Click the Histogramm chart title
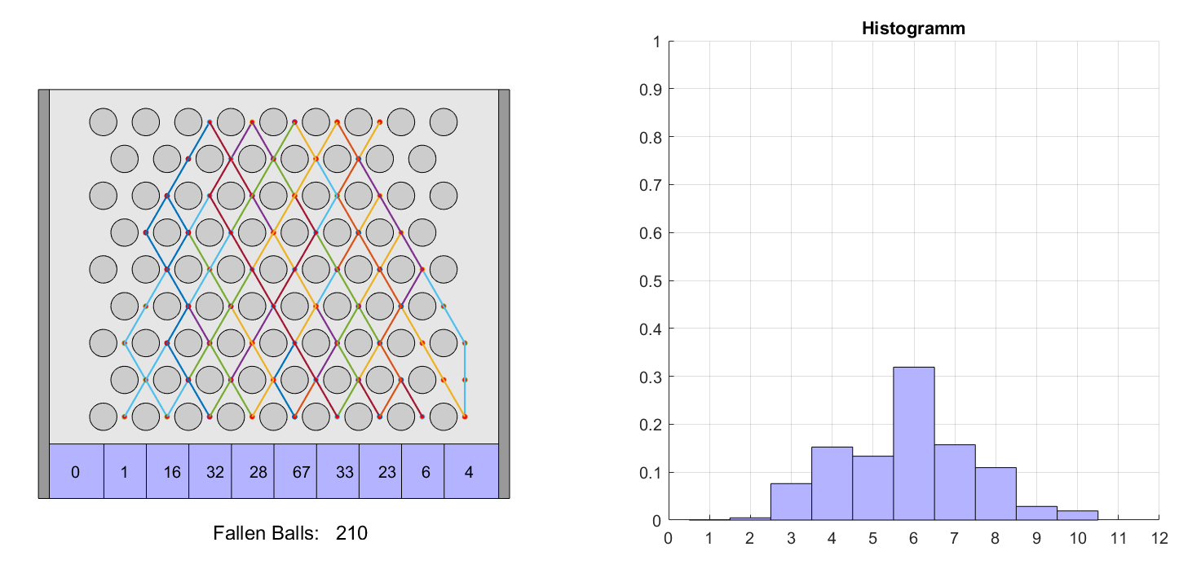tap(913, 29)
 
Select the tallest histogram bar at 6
tap(913, 443)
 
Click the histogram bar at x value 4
tap(832, 483)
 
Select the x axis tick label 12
tap(1159, 538)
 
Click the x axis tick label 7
tap(955, 538)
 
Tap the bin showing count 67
tap(295, 470)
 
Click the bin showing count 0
tap(77, 470)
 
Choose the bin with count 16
tap(168, 470)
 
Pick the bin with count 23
tap(380, 470)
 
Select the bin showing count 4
tap(470, 470)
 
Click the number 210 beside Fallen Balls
tap(351, 534)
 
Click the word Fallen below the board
tap(238, 534)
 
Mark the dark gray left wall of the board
tap(44, 293)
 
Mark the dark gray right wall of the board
tap(504, 293)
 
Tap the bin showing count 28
tap(253, 470)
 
